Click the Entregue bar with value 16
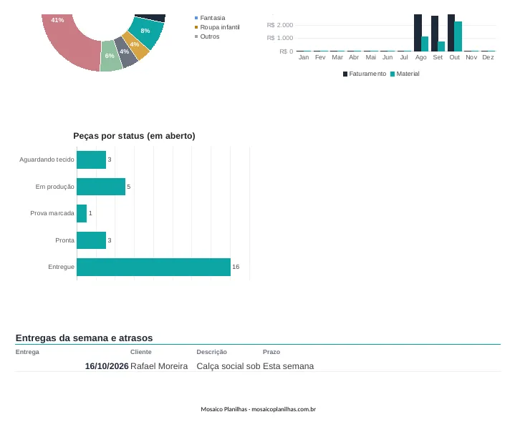[x=153, y=267]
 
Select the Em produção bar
[x=101, y=187]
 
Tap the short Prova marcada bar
[x=82, y=213]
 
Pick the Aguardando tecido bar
[x=91, y=159]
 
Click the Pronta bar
[x=91, y=240]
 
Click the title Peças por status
[x=134, y=136]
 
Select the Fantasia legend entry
[x=210, y=18]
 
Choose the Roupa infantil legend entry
[x=217, y=27]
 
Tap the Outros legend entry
[x=207, y=36]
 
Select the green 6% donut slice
[x=111, y=56]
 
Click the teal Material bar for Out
[x=458, y=36]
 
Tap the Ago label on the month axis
[x=420, y=57]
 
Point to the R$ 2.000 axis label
[x=280, y=25]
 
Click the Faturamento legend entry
[x=365, y=74]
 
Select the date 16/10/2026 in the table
[x=107, y=366]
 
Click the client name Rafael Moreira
[x=159, y=366]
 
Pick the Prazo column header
[x=271, y=352]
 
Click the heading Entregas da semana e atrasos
[x=84, y=338]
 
